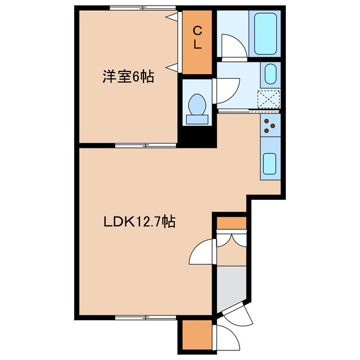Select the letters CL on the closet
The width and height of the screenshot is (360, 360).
click(197, 38)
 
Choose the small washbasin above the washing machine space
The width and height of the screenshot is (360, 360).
click(269, 74)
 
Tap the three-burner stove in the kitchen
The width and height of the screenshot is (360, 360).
click(269, 127)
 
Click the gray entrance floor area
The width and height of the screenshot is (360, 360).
click(231, 286)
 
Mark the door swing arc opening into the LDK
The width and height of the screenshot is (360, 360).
click(201, 251)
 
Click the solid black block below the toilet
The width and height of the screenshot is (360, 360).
click(196, 137)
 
